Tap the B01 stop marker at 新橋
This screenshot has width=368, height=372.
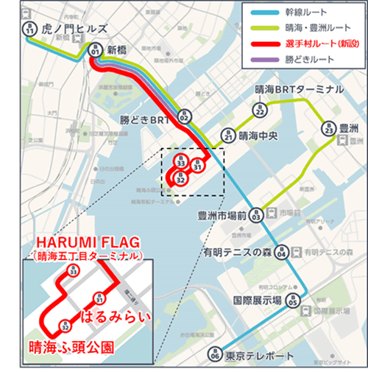click(94, 51)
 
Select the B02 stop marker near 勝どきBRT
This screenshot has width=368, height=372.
click(184, 116)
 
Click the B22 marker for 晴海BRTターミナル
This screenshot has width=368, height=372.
click(259, 110)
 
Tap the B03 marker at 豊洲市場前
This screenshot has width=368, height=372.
click(256, 215)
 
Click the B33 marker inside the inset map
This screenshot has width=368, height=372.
click(72, 272)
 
